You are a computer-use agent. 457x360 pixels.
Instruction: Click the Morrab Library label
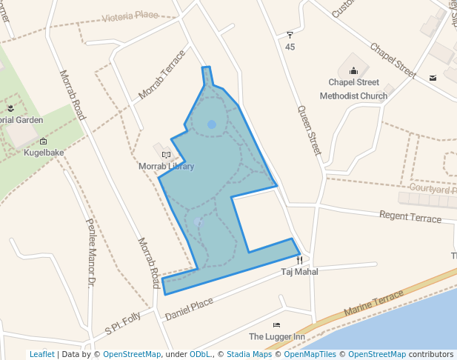point(166,167)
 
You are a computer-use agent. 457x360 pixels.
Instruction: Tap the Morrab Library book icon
point(166,155)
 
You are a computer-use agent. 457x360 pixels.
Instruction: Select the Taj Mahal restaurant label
point(299,273)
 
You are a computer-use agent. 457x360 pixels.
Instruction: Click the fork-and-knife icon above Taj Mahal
point(299,260)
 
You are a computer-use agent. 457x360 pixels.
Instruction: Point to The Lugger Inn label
point(277,337)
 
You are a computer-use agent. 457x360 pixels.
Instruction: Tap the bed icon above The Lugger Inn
point(277,325)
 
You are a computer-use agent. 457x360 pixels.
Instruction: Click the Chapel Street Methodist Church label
point(353,89)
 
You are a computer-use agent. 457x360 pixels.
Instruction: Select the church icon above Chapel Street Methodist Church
point(353,71)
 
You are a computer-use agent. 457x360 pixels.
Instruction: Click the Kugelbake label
point(44,153)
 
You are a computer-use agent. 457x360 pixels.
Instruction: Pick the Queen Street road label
point(309,130)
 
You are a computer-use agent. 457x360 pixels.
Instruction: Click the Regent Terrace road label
point(410,216)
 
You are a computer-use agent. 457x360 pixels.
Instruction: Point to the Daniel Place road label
point(189,310)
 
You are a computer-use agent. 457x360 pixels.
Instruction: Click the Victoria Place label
point(130,16)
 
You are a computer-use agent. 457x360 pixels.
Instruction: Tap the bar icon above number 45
point(290,35)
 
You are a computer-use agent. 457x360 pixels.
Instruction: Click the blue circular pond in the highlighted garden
point(212,124)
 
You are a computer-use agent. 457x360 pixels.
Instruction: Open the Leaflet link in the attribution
point(41,355)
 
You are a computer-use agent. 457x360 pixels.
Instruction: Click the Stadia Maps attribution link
point(249,355)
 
